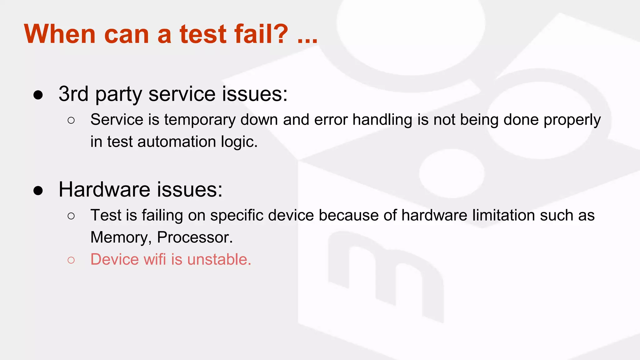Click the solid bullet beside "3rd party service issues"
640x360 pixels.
pyautogui.click(x=38, y=95)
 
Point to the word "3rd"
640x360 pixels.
pyautogui.click(x=73, y=94)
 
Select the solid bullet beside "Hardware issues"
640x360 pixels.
pyautogui.click(x=38, y=190)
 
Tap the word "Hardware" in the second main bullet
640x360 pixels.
pyautogui.click(x=104, y=189)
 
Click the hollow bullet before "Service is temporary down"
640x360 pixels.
pyautogui.click(x=71, y=120)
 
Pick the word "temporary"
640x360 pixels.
pyautogui.click(x=200, y=120)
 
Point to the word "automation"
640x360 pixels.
pyautogui.click(x=177, y=142)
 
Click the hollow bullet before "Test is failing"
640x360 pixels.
pyautogui.click(x=71, y=216)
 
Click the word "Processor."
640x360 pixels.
pyautogui.click(x=195, y=237)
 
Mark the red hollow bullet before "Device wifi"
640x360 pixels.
pyautogui.click(x=71, y=260)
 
